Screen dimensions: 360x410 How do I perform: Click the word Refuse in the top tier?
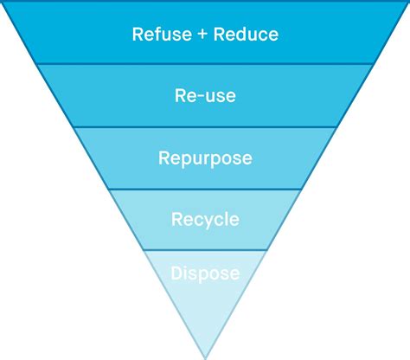(x=156, y=35)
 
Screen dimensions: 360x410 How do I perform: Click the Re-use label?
(x=204, y=95)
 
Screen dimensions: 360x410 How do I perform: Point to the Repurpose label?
(x=205, y=159)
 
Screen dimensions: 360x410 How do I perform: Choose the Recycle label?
(x=205, y=220)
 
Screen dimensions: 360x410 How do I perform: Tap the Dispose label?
(x=205, y=274)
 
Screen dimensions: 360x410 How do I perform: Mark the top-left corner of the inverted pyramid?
(x=3, y=3)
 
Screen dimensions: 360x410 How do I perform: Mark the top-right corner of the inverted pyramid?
(x=407, y=3)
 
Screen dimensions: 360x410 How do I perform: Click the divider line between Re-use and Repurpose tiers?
(x=205, y=127)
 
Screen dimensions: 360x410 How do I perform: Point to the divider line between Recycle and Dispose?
(x=205, y=250)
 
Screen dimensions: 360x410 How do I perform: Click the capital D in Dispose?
(x=176, y=273)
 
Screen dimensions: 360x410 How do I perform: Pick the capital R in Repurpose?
(x=164, y=158)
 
